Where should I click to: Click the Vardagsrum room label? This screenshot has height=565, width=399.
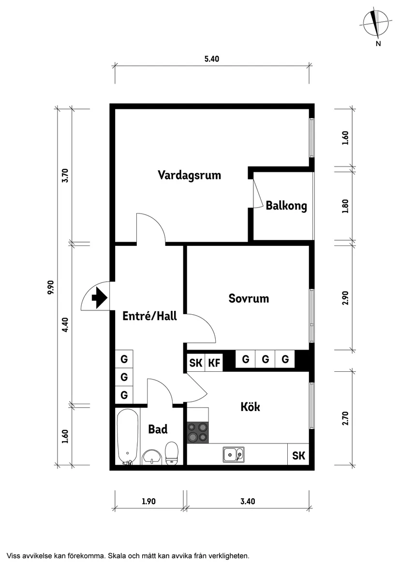189,175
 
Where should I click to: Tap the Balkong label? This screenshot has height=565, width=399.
286,206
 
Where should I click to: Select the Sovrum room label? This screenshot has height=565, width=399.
249,298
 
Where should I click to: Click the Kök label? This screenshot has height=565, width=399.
250,407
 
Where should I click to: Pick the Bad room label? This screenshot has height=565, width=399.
158,429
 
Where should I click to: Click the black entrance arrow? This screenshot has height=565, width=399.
99,298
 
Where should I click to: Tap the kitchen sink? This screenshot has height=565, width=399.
233,455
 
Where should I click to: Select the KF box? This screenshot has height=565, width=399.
214,363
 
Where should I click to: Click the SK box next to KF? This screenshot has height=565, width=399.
196,363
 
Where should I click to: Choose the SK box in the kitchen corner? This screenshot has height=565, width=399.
298,455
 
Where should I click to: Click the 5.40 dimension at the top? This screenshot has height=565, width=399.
212,59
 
